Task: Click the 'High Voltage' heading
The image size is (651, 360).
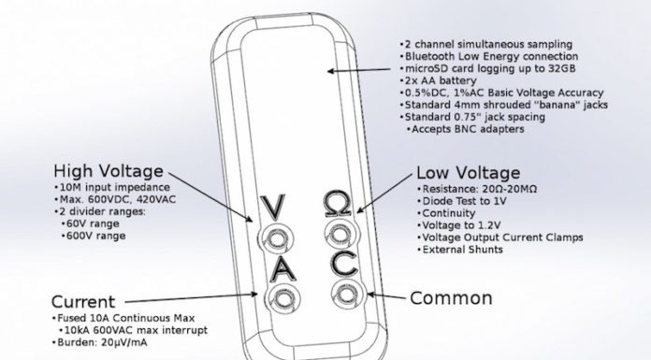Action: point(108,171)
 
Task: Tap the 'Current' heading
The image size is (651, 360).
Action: point(83,302)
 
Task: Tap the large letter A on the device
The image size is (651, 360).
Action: point(278,269)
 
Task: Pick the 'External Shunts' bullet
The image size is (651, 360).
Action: point(462,251)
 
